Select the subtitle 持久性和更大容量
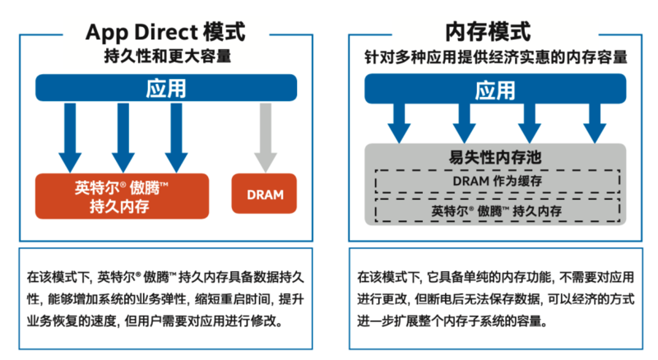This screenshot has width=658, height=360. [165, 57]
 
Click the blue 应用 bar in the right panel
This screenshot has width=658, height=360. [494, 90]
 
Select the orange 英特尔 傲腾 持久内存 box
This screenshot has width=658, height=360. [123, 196]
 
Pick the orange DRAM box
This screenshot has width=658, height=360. [265, 195]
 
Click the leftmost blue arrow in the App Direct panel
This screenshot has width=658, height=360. [70, 136]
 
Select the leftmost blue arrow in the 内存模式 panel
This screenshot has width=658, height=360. [399, 123]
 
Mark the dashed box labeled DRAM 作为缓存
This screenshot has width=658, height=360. [496, 181]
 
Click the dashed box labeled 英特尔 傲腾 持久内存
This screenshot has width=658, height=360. [496, 211]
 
